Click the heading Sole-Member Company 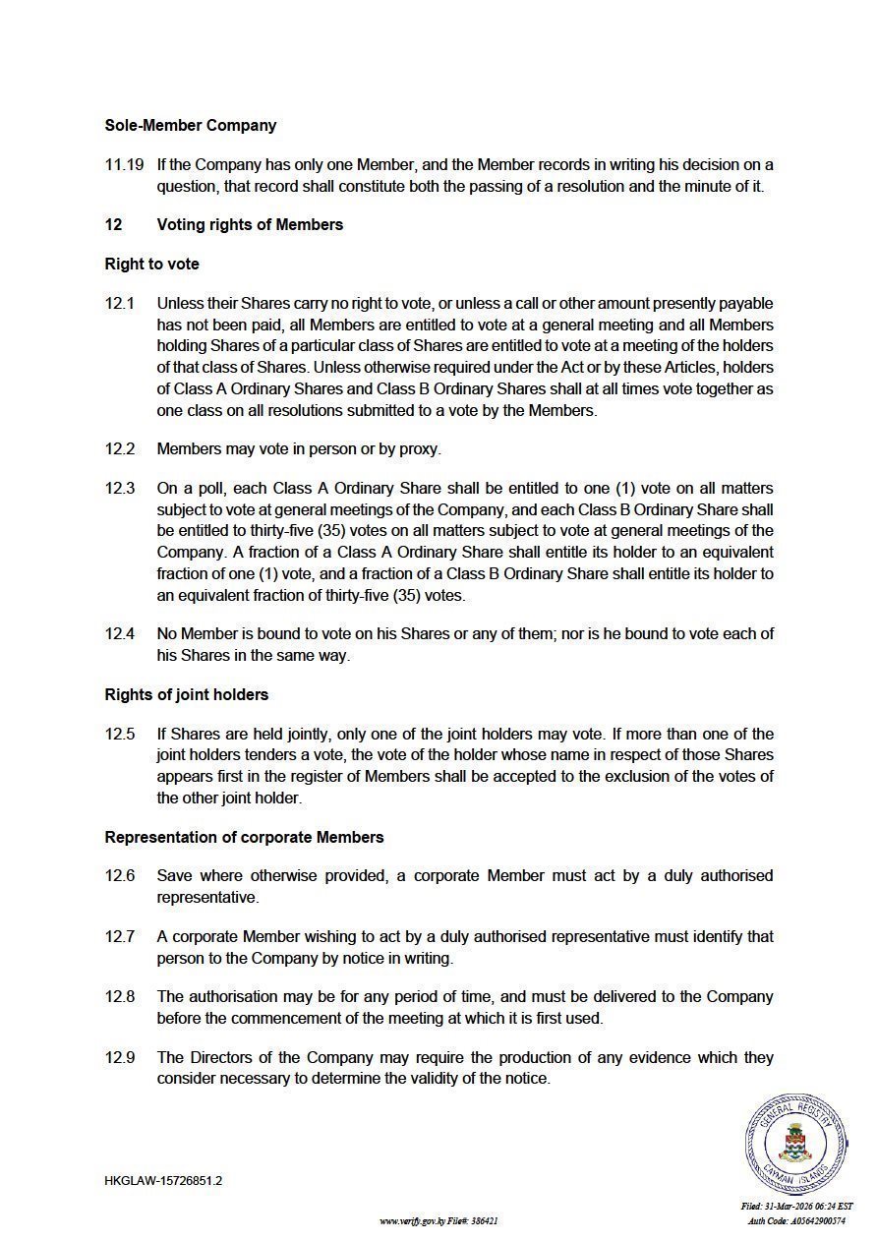[x=191, y=125]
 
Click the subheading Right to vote [x=151, y=264]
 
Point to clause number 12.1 [x=120, y=303]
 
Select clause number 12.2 [x=120, y=448]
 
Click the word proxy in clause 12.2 [x=419, y=449]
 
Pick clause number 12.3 [x=120, y=488]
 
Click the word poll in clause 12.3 [x=197, y=488]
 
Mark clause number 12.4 [x=120, y=633]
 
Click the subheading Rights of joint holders [x=187, y=694]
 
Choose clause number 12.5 [x=120, y=734]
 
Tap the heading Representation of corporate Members [x=244, y=837]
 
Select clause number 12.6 [x=120, y=875]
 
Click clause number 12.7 [x=120, y=936]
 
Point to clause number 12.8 [x=120, y=996]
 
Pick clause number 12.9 [x=120, y=1057]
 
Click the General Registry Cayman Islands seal [x=794, y=1144]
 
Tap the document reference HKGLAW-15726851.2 [x=163, y=1180]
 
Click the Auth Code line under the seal [x=796, y=1220]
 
